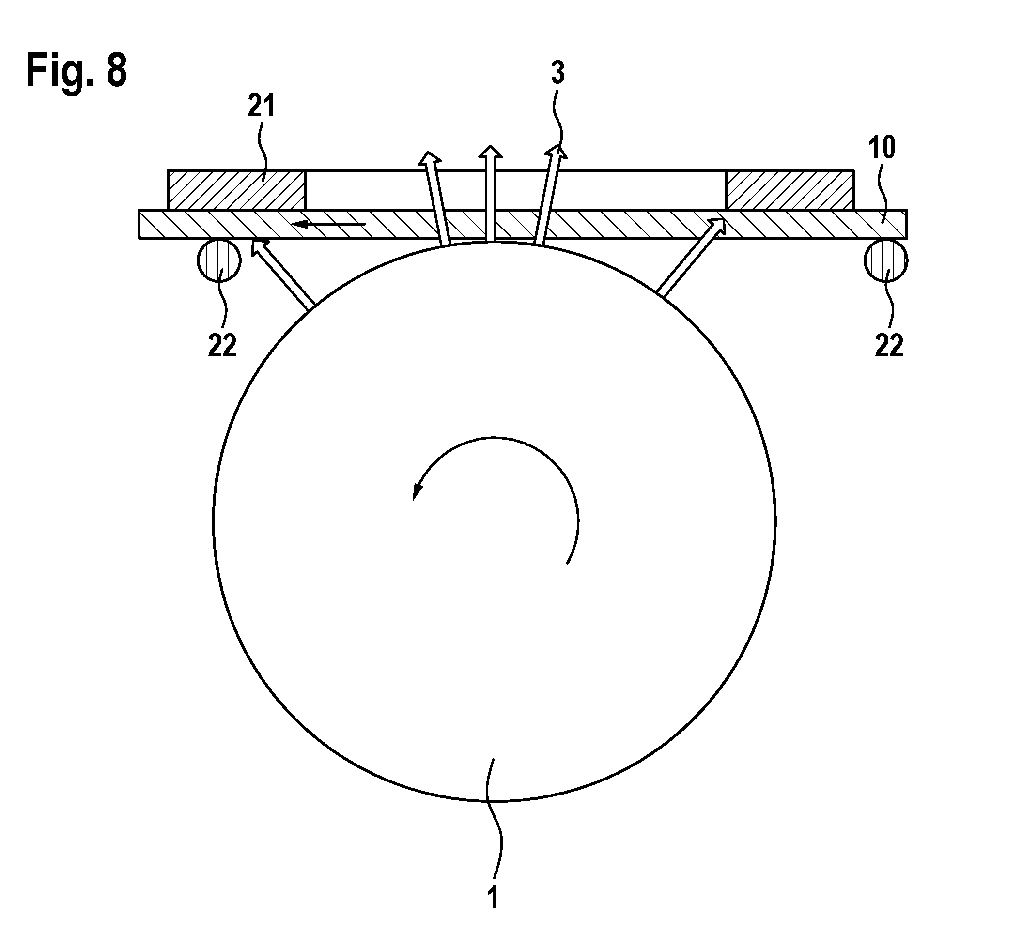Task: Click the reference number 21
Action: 261,107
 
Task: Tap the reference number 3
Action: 557,74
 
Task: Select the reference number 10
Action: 882,148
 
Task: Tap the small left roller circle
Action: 219,260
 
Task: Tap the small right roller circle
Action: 886,260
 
